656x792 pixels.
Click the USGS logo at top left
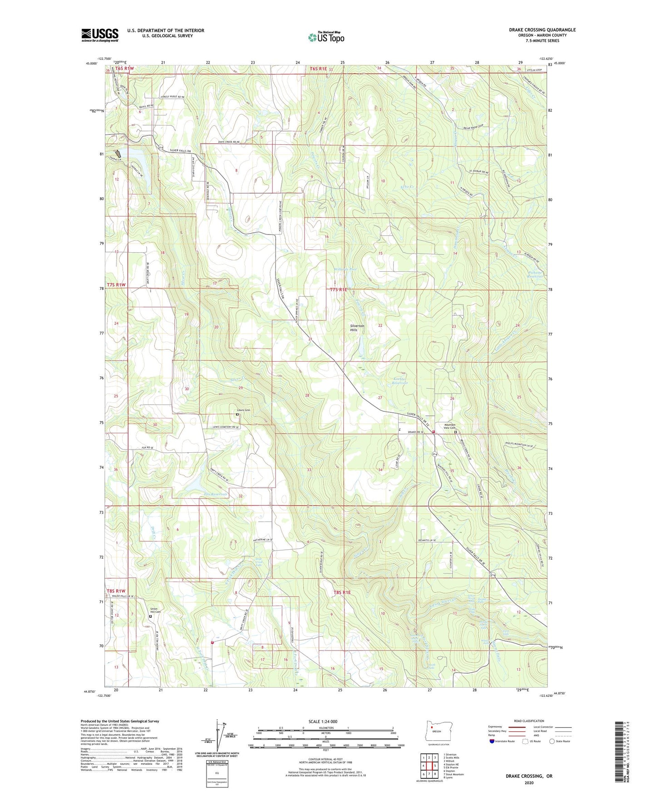click(99, 35)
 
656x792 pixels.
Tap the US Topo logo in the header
click(326, 37)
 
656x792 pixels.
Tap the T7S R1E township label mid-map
click(338, 289)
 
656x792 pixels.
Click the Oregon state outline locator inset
click(435, 730)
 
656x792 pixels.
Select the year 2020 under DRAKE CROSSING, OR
click(529, 782)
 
